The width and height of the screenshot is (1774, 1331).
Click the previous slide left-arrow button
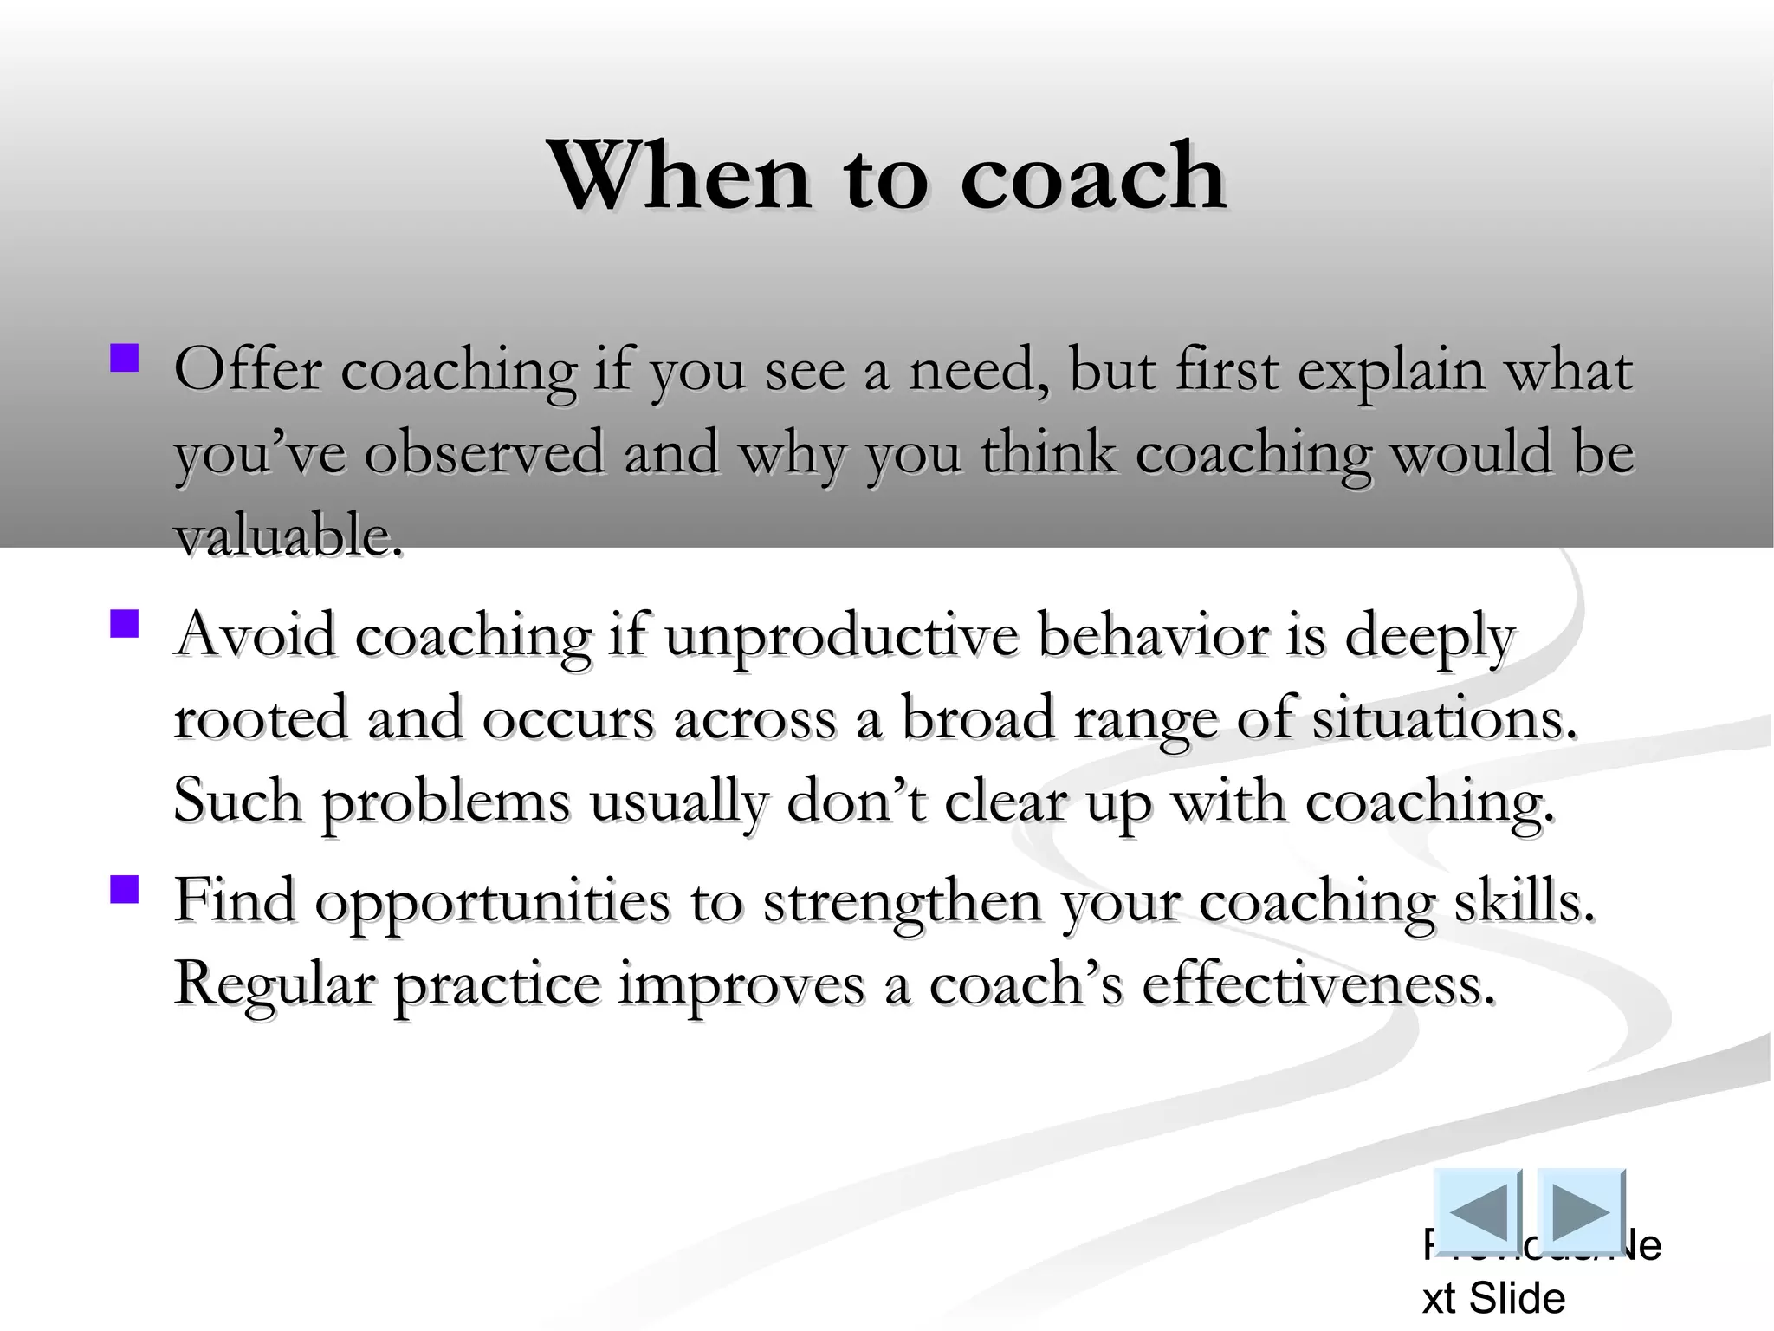coord(1478,1211)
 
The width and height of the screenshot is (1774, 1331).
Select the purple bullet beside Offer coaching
coord(125,359)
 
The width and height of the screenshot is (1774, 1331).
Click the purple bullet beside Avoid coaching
coord(125,624)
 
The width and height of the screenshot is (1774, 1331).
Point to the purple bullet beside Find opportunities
coord(125,889)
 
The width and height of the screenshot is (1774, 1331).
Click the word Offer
coord(247,370)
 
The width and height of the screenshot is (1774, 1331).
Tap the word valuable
coord(288,536)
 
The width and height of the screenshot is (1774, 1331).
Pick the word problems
coord(446,802)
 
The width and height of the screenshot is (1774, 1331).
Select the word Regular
coord(275,986)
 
